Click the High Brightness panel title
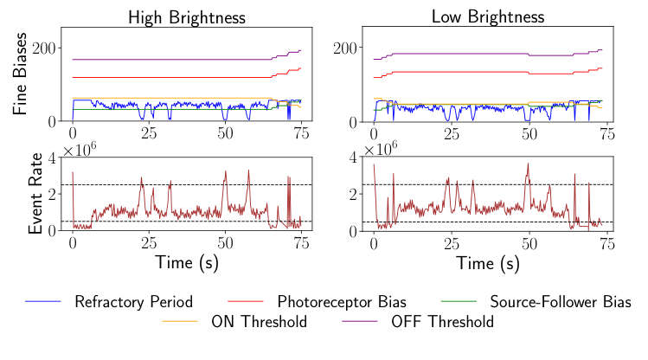point(187,16)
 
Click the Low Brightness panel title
point(488,16)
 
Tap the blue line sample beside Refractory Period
point(44,302)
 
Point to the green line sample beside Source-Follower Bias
point(459,302)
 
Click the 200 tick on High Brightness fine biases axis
point(45,47)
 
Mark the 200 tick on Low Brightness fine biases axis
point(346,47)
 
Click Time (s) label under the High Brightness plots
point(187,261)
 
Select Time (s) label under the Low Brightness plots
point(488,261)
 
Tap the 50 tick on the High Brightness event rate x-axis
point(225,242)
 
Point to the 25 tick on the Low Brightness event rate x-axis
point(450,242)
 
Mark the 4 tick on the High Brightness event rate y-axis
point(53,157)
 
